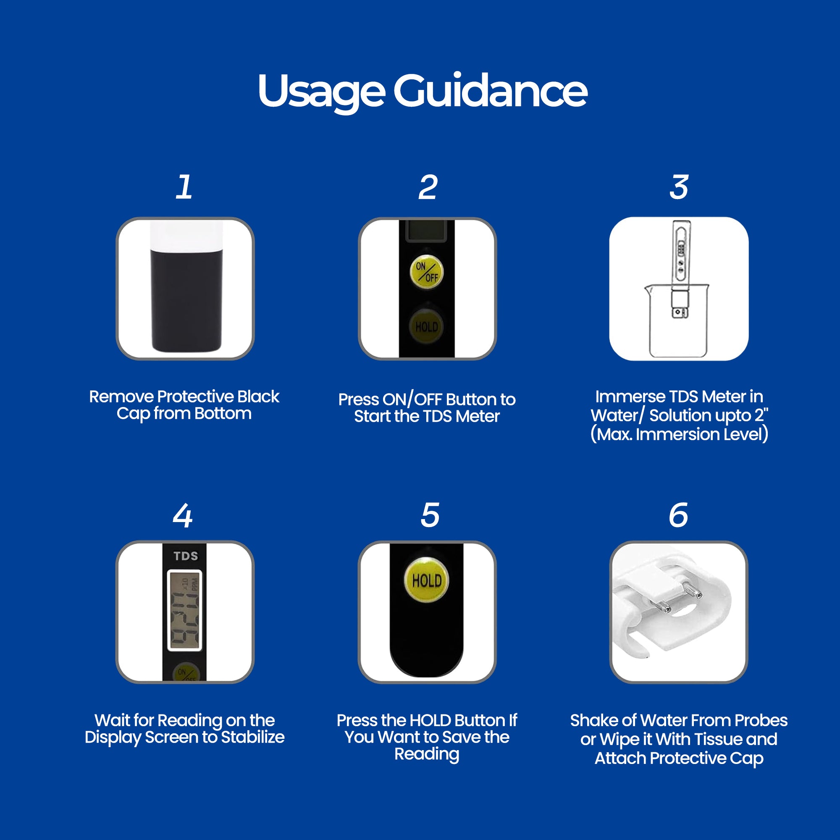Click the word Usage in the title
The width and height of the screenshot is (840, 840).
tap(321, 92)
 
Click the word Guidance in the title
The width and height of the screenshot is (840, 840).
tap(491, 90)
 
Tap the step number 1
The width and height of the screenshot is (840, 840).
tap(184, 187)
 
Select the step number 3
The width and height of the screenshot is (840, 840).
tap(679, 187)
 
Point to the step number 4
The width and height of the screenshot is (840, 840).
tap(183, 516)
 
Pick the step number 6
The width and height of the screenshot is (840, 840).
tap(678, 515)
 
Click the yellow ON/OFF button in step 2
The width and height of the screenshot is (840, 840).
tap(427, 272)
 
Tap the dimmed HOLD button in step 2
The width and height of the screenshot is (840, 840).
tap(427, 326)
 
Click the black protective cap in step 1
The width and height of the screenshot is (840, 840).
tap(186, 300)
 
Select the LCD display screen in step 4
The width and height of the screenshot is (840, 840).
tap(185, 610)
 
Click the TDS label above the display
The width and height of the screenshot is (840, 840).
tap(186, 556)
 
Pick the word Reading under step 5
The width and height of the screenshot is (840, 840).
tap(427, 754)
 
